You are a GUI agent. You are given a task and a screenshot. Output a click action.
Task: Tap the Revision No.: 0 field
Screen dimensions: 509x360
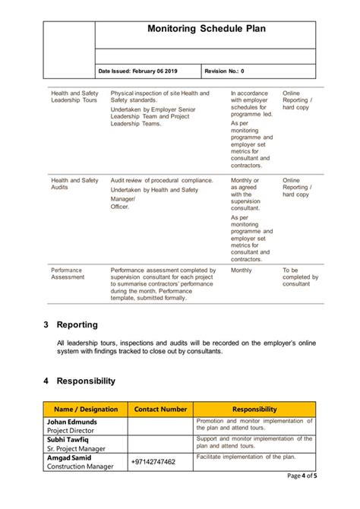[x=225, y=71]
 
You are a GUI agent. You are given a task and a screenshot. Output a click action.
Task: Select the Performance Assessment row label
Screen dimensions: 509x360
[x=67, y=273]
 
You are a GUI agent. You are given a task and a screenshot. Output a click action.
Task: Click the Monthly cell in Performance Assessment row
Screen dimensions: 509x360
[x=242, y=270]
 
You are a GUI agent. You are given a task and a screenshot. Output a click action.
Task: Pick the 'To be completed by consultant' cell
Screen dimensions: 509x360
[x=299, y=277]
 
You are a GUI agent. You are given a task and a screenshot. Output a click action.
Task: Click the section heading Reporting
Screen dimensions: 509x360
[x=77, y=324]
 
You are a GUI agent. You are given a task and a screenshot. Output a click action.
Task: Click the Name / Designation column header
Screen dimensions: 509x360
[x=85, y=409]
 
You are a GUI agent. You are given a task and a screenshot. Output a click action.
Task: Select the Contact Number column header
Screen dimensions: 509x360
[x=160, y=409]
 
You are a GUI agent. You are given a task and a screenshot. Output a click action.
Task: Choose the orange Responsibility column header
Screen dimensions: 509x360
[x=254, y=409]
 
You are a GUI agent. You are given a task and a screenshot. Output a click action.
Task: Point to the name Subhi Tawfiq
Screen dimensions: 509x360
[x=69, y=439]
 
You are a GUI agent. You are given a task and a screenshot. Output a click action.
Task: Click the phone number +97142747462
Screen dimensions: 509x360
[x=153, y=461]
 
